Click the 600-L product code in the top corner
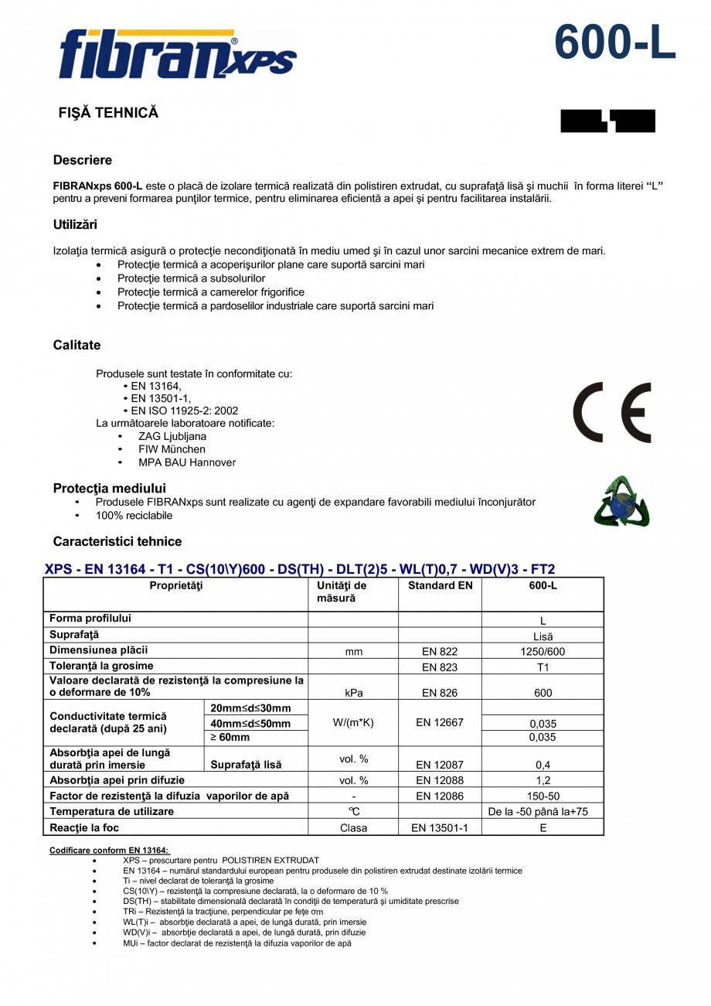[x=614, y=43]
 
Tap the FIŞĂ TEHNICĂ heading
[x=108, y=113]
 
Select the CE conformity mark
[x=611, y=413]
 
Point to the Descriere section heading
[x=83, y=160]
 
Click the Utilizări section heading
[x=75, y=225]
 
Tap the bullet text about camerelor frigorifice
[x=210, y=292]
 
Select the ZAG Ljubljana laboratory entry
[x=172, y=436]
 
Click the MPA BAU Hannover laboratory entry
[x=187, y=462]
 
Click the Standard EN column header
[x=440, y=586]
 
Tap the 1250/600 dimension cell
[x=543, y=652]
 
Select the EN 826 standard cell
[x=440, y=693]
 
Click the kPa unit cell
[x=353, y=693]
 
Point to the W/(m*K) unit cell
[x=353, y=722]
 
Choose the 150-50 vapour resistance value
[x=543, y=796]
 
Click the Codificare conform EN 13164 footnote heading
[x=109, y=850]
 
